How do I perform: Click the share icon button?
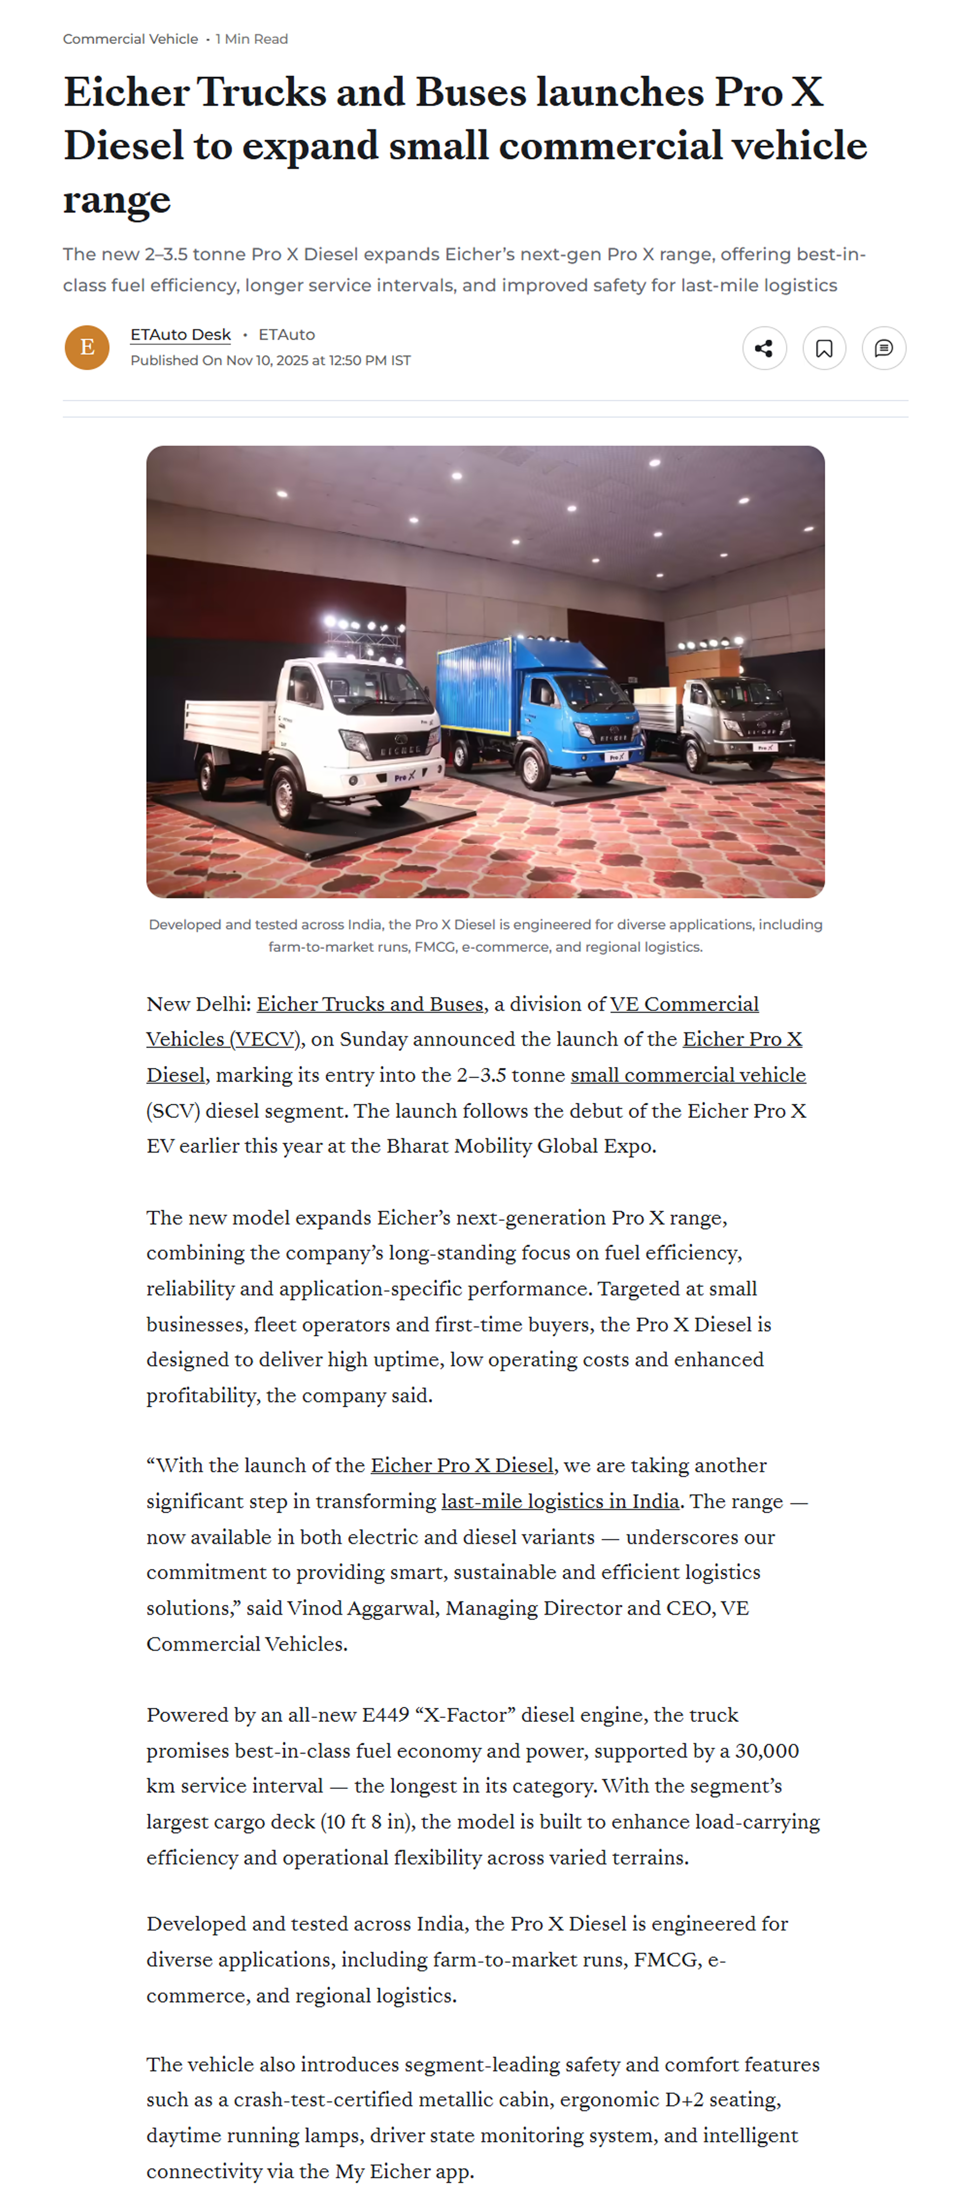(763, 348)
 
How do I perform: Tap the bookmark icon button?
(823, 348)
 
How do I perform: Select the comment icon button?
(883, 348)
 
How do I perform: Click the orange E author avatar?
(87, 347)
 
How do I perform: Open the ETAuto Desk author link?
(180, 335)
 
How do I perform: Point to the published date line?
(270, 361)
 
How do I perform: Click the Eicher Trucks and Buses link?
(370, 1004)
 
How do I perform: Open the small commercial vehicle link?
(688, 1075)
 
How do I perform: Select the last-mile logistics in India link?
(560, 1502)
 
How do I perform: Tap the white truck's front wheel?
(285, 789)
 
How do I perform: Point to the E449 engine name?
(385, 1715)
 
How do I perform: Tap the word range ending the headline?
(116, 200)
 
